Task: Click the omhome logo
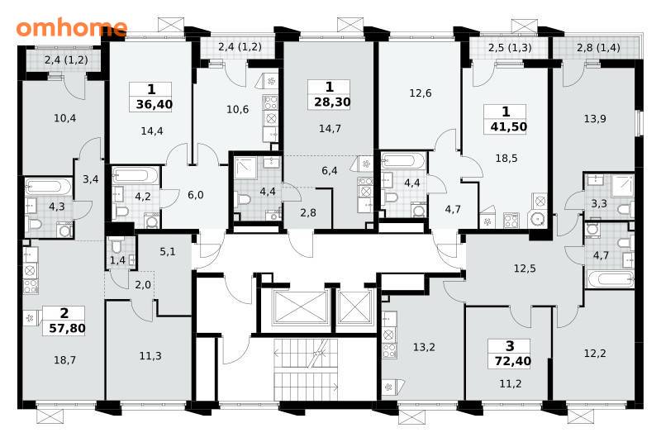click(72, 27)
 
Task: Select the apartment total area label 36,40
click(155, 103)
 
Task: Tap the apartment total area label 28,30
click(332, 102)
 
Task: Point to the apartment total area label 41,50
click(509, 127)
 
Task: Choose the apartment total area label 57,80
click(67, 328)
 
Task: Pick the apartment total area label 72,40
click(512, 361)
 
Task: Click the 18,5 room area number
click(506, 159)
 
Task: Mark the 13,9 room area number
click(595, 119)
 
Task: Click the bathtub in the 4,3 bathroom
click(49, 187)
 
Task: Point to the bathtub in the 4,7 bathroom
click(610, 279)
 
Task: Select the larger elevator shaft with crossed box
click(300, 307)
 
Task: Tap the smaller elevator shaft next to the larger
click(354, 307)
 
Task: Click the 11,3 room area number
click(150, 356)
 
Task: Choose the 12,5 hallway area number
click(525, 268)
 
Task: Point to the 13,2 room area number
click(424, 347)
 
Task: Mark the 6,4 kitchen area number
click(329, 171)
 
